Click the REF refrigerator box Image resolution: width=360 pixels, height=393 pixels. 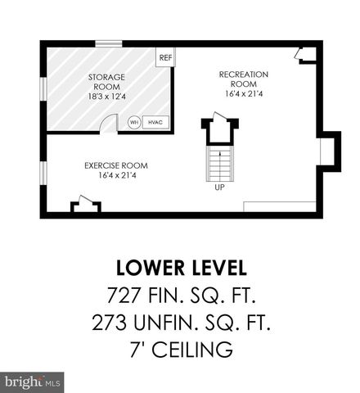165,57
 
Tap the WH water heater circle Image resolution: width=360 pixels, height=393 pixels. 134,122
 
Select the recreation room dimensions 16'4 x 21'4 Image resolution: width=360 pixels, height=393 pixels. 243,93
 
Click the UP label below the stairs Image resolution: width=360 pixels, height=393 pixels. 219,187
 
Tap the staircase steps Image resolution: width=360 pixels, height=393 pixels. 219,165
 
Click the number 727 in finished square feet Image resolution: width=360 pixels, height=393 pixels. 123,295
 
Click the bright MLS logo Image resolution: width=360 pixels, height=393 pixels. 32,382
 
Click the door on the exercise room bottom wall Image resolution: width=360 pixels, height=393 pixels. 81,206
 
